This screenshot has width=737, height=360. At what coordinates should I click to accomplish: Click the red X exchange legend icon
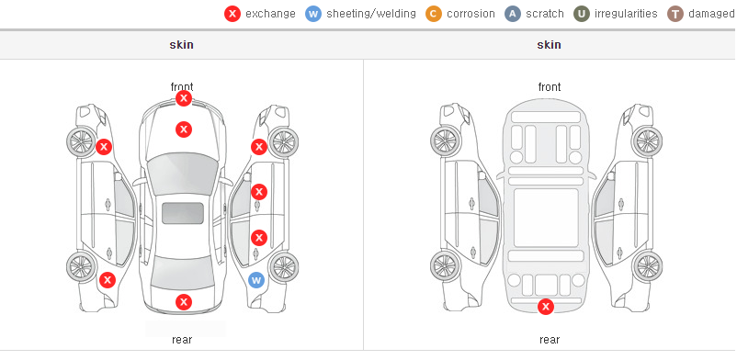click(232, 14)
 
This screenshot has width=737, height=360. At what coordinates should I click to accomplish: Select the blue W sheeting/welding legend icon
click(313, 14)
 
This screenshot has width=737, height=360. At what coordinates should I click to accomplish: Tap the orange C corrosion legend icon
click(434, 14)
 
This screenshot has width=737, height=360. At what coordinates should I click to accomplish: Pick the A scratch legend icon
click(513, 14)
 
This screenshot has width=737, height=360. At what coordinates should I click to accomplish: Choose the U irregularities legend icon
click(582, 14)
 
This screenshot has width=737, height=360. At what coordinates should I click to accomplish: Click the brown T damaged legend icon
click(675, 14)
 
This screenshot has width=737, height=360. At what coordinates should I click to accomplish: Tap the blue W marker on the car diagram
click(256, 281)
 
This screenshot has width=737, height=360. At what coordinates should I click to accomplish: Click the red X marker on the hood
click(184, 129)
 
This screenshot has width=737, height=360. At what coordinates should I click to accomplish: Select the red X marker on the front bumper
click(184, 98)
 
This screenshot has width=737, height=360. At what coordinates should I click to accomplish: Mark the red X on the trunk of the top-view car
click(184, 302)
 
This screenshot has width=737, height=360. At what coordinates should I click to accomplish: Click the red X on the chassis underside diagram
click(546, 307)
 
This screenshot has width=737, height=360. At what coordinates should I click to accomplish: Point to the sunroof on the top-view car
click(183, 213)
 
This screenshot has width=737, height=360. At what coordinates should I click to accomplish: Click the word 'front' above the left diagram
click(182, 87)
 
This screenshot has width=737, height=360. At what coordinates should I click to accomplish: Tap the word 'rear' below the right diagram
click(550, 339)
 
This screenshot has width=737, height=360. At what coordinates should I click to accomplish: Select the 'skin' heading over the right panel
click(549, 45)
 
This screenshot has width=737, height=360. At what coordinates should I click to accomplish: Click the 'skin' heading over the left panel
click(181, 45)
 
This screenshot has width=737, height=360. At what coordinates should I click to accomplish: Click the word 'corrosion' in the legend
click(471, 14)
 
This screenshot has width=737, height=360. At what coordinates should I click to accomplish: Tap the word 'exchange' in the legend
click(270, 14)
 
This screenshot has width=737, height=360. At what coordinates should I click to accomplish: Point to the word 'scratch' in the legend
click(545, 14)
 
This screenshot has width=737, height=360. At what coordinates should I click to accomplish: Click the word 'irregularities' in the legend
click(626, 14)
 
